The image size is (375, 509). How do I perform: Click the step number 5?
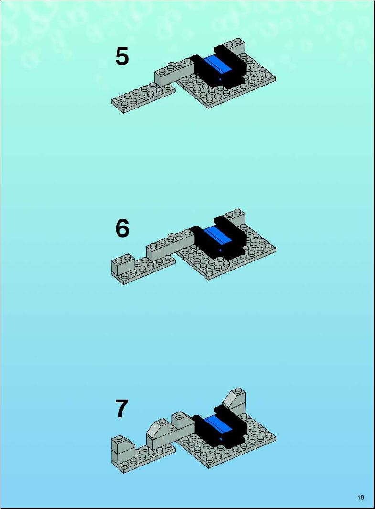coord(122,56)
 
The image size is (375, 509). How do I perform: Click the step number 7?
coord(122,409)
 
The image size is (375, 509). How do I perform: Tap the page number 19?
coord(361,498)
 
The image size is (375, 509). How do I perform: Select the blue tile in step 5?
coord(217,65)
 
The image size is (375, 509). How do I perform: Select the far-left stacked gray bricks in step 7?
coord(123,451)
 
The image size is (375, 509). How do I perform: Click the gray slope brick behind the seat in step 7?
coord(235,399)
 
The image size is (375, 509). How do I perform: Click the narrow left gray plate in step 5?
coord(143,97)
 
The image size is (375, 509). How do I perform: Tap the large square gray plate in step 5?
coord(227,86)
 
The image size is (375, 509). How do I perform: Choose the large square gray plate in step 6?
coord(227,258)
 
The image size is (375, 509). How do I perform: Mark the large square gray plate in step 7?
coord(227,445)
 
